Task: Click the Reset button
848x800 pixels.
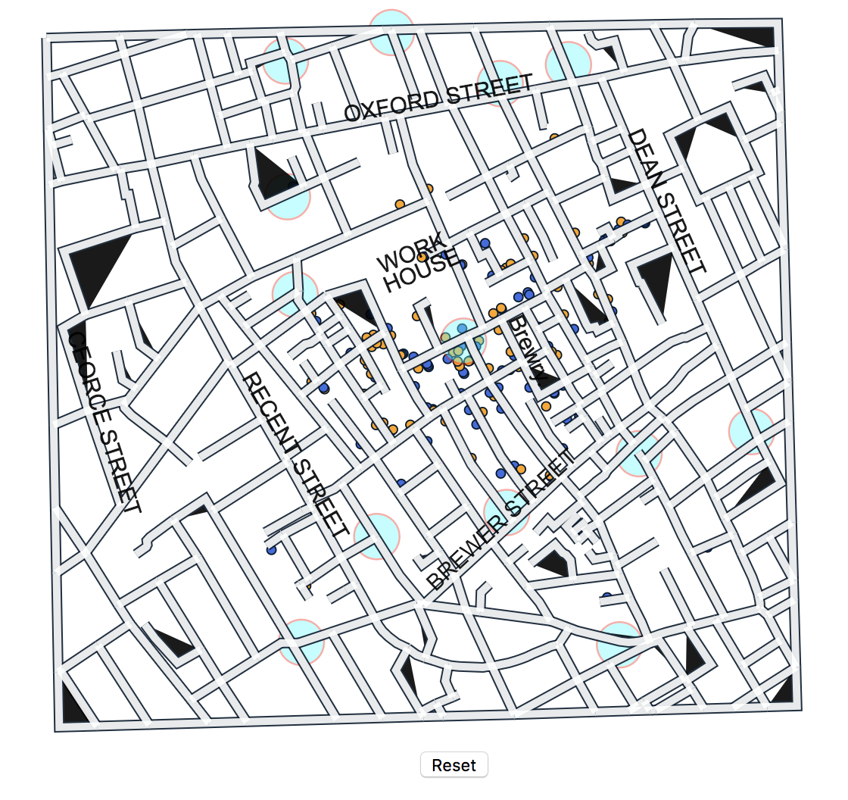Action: tap(454, 765)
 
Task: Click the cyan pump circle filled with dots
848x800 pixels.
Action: tap(463, 342)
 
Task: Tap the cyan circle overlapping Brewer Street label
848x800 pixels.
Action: tap(506, 511)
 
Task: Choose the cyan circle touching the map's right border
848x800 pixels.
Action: tap(752, 430)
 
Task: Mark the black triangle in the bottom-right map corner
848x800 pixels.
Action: tap(783, 692)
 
